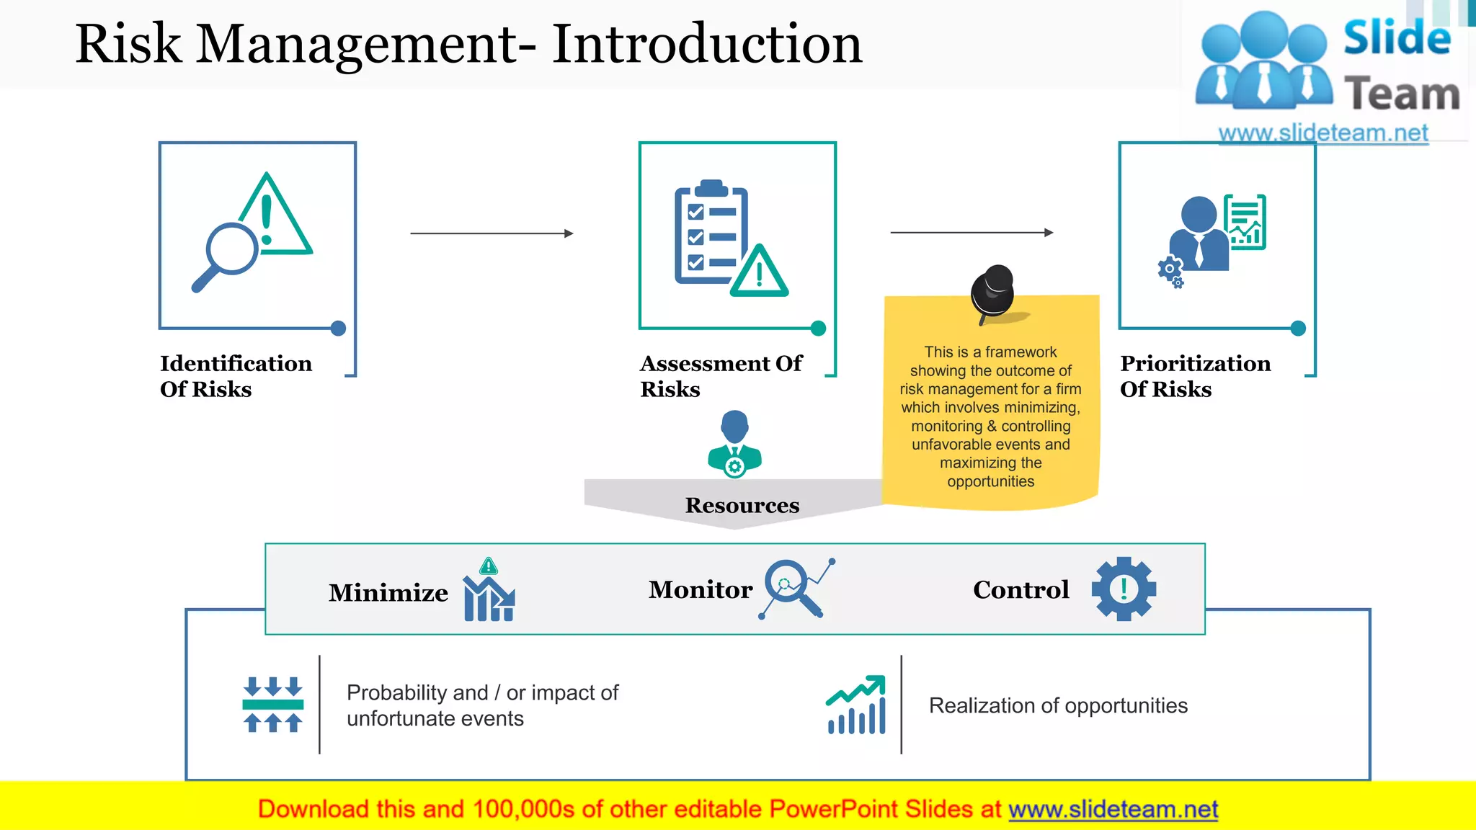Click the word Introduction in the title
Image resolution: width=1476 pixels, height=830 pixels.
707,45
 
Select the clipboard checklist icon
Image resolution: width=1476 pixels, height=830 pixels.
728,238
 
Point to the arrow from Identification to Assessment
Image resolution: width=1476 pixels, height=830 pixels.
492,233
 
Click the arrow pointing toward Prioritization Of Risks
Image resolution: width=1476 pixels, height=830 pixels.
972,233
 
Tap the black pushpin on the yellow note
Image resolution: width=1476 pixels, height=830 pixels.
992,292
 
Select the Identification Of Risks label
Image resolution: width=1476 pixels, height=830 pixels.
236,376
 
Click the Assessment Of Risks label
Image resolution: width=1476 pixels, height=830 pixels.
721,376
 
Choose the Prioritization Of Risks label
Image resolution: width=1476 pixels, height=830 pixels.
1195,376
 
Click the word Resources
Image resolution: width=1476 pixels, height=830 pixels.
742,505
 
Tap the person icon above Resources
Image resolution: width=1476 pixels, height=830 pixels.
734,444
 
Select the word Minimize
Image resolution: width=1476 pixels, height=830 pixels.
388,592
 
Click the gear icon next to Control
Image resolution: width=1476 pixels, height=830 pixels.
1124,589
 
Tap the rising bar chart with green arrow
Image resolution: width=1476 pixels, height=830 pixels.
856,705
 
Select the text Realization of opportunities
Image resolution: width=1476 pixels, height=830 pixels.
1058,705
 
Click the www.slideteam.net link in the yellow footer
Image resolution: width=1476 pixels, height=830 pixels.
1113,809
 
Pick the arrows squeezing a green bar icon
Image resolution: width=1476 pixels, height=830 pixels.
272,705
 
